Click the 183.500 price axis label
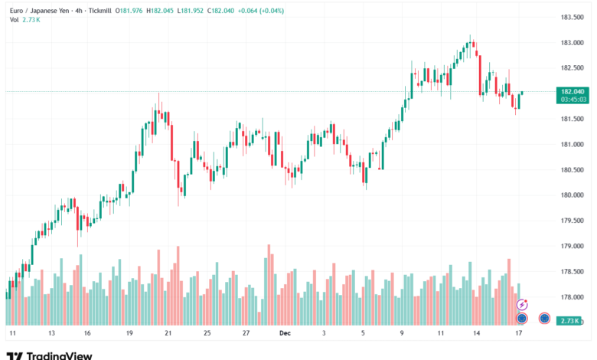coord(574,17)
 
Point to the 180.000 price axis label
coord(574,195)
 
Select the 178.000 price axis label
coord(574,297)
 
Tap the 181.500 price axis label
coord(574,119)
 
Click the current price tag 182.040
coord(574,91)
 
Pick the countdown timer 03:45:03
coord(574,99)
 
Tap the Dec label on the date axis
coord(285,334)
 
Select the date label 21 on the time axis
coord(168,334)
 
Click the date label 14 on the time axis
coord(476,334)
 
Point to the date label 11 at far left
coord(12,334)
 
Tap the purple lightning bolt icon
coord(523,305)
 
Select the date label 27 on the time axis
coord(245,334)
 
